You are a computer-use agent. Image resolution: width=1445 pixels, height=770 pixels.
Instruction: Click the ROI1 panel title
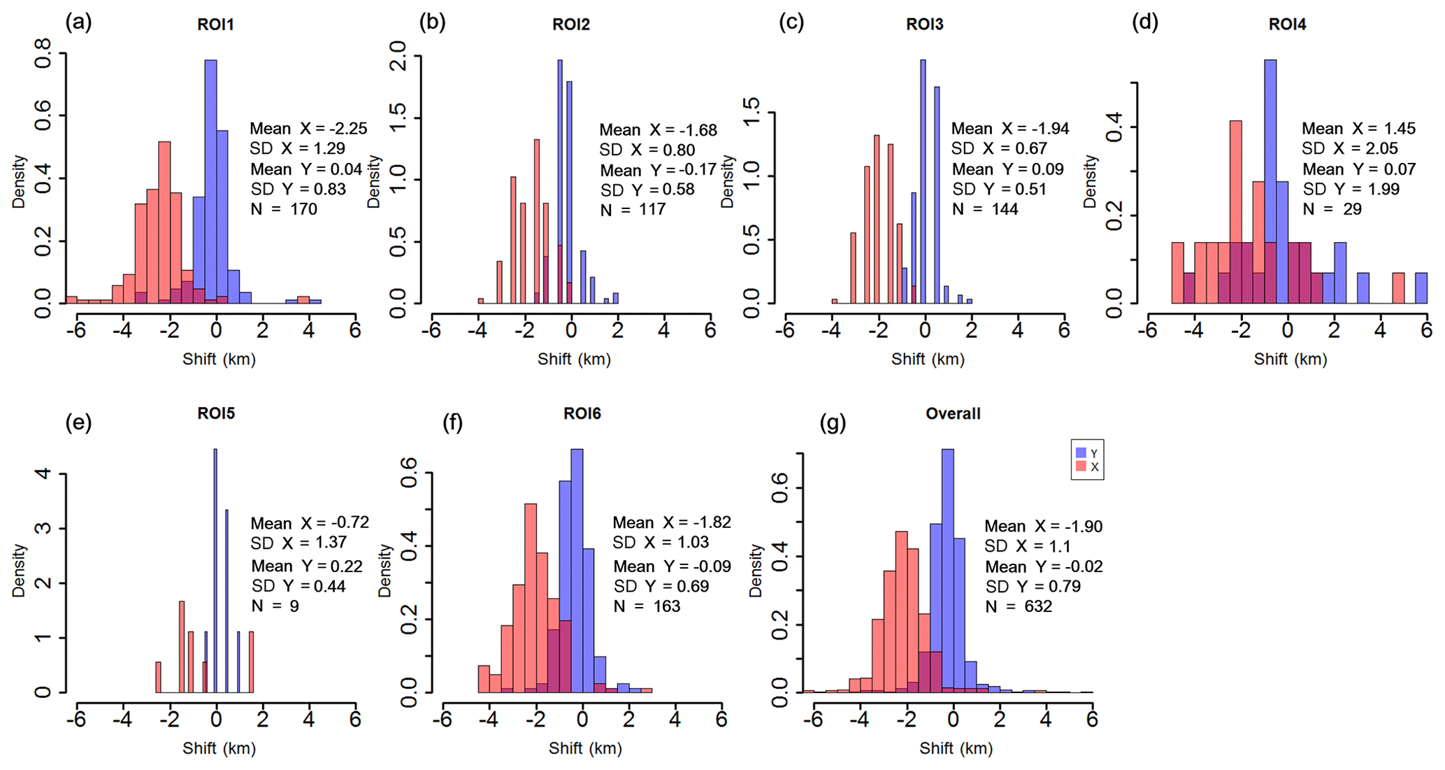(215, 25)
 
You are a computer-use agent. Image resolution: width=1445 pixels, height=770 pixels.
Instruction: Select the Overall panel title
(953, 414)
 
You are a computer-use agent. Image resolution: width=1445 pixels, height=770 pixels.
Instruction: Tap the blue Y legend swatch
(1081, 453)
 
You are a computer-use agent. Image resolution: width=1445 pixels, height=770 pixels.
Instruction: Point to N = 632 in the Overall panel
(1019, 606)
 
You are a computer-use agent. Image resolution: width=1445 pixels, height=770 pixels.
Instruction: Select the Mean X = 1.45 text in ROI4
(1358, 129)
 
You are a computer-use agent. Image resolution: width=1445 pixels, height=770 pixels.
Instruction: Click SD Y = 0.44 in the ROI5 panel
(299, 586)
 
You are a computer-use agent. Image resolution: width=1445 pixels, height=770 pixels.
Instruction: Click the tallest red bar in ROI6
(531, 594)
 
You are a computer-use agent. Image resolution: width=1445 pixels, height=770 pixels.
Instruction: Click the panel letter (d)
(1145, 22)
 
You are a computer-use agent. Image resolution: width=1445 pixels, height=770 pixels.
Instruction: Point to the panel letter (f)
(453, 422)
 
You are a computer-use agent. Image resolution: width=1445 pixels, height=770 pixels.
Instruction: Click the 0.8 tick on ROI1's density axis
(43, 52)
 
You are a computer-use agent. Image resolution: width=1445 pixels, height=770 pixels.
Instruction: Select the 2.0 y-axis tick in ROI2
(398, 56)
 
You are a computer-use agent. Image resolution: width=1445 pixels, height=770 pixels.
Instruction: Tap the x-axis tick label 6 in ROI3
(1063, 330)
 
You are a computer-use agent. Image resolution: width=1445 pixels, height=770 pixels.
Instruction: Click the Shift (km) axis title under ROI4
(1290, 359)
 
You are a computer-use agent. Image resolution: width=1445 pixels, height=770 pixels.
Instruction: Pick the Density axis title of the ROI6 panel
(384, 571)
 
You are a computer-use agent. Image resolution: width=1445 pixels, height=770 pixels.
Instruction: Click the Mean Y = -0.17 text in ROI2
(658, 170)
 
